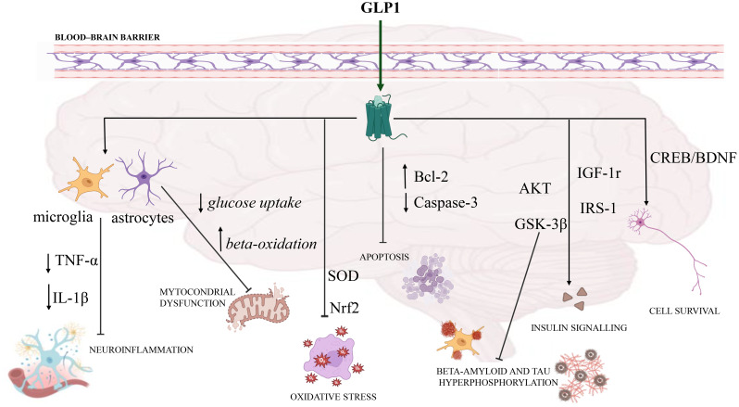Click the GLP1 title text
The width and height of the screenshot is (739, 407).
tap(380, 7)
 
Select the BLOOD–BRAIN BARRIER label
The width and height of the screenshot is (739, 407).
tap(107, 37)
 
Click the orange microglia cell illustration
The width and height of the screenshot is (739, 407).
tap(86, 179)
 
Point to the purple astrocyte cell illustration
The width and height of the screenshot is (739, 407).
tap(144, 178)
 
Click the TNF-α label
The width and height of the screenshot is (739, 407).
tap(77, 261)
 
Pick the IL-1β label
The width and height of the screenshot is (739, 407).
tap(70, 298)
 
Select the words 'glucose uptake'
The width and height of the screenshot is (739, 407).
tap(255, 203)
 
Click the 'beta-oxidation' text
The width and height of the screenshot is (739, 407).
tap(271, 243)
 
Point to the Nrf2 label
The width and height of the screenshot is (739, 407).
tap(344, 308)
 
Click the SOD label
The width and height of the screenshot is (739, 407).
tap(344, 275)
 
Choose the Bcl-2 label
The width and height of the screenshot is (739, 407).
tap(431, 176)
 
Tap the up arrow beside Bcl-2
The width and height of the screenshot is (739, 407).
tap(405, 175)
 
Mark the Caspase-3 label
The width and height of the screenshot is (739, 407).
tap(445, 202)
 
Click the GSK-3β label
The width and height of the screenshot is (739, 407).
tap(541, 224)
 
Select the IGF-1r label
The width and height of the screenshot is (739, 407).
tap(599, 173)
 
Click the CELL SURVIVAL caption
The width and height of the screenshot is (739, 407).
tap(684, 311)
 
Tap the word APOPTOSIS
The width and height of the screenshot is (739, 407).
tap(384, 257)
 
